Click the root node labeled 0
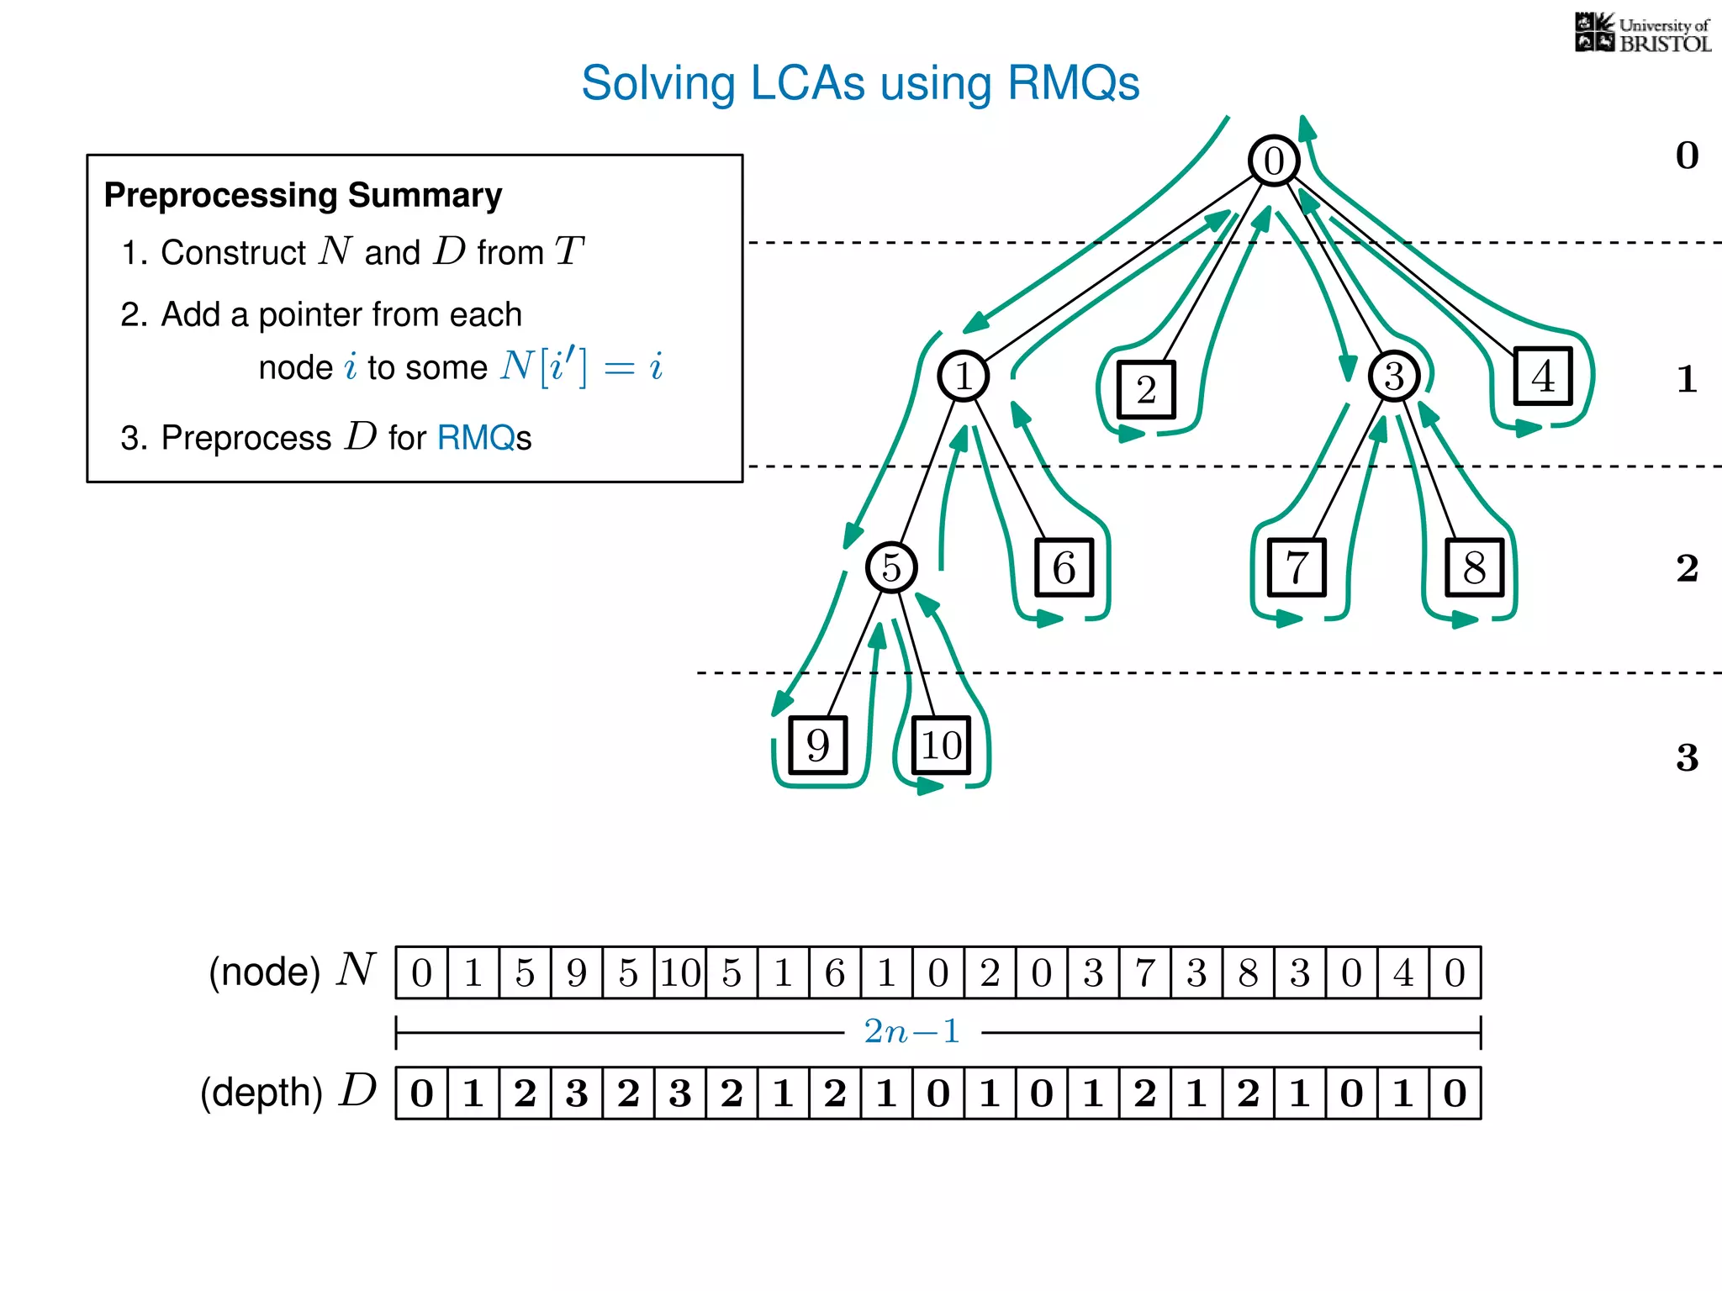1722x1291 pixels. tap(1274, 161)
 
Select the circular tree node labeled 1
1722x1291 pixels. tap(963, 376)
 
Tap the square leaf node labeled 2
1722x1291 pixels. tap(1146, 389)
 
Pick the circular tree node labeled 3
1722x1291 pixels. tap(1394, 376)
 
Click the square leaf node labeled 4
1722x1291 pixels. tap(1543, 376)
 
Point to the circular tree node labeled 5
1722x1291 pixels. tap(891, 567)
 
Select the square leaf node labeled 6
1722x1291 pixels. tap(1064, 568)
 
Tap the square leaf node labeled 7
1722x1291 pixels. tap(1297, 568)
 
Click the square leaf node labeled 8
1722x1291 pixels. tap(1474, 568)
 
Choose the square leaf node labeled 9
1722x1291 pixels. tap(817, 746)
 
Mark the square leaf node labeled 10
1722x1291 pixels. tap(941, 746)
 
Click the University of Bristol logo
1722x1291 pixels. tap(1642, 34)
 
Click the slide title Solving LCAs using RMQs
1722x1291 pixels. tap(860, 83)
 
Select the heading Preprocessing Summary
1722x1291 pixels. tap(303, 195)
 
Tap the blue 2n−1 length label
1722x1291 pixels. tap(912, 1031)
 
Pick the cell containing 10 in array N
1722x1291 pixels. tap(680, 973)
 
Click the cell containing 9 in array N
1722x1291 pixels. tap(577, 973)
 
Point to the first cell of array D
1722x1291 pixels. tap(421, 1093)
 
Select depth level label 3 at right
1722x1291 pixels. tap(1687, 758)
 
